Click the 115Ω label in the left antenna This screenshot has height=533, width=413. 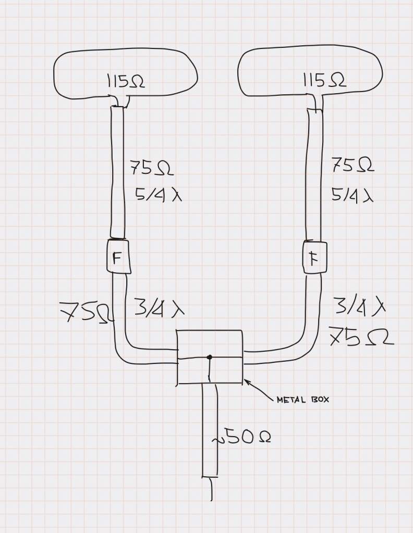(x=126, y=81)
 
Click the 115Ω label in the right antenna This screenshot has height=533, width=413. (x=324, y=81)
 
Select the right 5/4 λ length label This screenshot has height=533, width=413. (x=353, y=195)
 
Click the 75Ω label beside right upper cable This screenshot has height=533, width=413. (x=353, y=166)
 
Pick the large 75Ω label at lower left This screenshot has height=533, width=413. (x=86, y=312)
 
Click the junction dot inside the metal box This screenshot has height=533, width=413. (x=210, y=357)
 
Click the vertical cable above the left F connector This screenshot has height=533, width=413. (x=118, y=172)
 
